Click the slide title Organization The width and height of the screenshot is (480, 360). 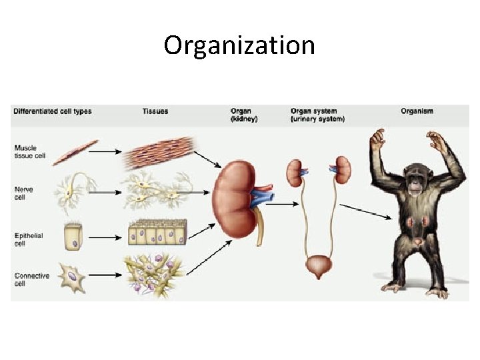click(239, 46)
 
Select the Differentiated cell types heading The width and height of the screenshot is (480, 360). click(53, 111)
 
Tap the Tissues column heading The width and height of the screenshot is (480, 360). click(155, 111)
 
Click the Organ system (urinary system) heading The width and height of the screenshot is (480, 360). click(318, 115)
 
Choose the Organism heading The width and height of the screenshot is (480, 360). click(417, 111)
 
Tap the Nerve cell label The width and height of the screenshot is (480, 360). click(23, 193)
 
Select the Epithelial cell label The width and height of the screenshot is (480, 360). click(27, 238)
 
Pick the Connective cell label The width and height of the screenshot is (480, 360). click(31, 279)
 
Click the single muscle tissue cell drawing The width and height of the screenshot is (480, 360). click(75, 152)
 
